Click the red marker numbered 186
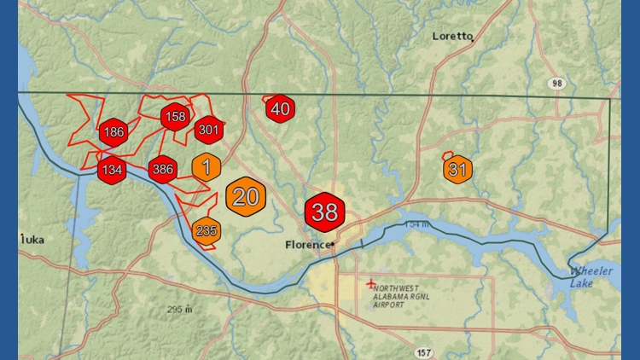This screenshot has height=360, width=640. click(113, 132)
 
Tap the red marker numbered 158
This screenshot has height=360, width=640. click(175, 117)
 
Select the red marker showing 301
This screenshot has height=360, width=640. click(208, 131)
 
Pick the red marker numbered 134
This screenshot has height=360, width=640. click(112, 170)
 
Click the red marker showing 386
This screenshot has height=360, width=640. click(162, 170)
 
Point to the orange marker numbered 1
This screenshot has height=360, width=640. click(206, 166)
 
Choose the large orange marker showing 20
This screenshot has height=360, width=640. click(246, 197)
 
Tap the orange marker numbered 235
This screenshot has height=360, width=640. click(207, 230)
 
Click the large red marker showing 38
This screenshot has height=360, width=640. click(325, 212)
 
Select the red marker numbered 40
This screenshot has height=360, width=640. click(281, 109)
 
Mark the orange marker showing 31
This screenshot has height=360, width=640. click(457, 170)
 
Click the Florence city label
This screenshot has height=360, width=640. click(306, 245)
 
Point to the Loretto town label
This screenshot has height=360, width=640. click(452, 36)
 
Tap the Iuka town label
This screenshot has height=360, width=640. click(32, 241)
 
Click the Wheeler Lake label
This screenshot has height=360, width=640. click(591, 277)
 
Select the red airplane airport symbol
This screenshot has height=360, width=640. click(369, 282)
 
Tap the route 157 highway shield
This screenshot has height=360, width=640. click(424, 351)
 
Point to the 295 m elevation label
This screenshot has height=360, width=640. click(181, 309)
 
